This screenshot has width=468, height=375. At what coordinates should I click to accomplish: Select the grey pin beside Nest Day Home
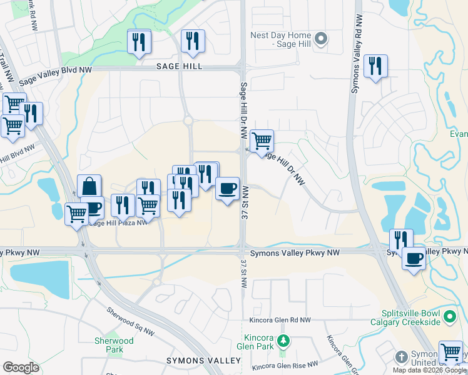[321, 40]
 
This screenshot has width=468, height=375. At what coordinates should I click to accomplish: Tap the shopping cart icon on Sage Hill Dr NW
[261, 140]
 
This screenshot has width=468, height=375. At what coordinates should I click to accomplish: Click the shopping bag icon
[89, 186]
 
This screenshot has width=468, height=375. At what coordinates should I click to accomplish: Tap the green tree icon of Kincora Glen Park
[283, 341]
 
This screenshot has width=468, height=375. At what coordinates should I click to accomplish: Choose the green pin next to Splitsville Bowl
[449, 317]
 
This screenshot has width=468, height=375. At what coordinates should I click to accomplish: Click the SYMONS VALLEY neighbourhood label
[203, 361]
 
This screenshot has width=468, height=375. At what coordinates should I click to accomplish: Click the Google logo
[21, 367]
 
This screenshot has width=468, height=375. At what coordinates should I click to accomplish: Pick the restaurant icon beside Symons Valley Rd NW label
[375, 66]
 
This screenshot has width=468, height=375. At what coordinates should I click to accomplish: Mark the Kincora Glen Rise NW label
[285, 364]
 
